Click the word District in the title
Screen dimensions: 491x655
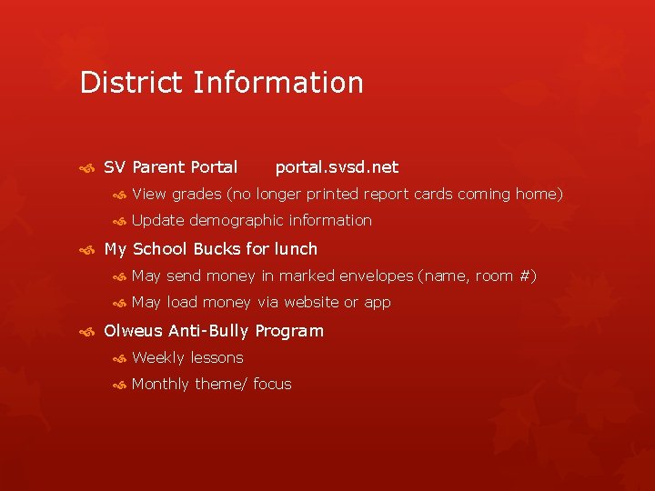tap(132, 83)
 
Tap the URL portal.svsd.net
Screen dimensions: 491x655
tap(337, 167)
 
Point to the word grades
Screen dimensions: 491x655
tap(196, 194)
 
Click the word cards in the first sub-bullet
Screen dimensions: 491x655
tap(433, 194)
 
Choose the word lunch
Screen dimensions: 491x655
tap(296, 249)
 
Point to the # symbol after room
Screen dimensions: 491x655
tap(522, 276)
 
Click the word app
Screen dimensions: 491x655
tap(378, 303)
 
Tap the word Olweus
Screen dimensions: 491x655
tap(132, 331)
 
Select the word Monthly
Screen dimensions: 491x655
tap(161, 384)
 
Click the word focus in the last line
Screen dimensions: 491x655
tap(272, 384)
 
